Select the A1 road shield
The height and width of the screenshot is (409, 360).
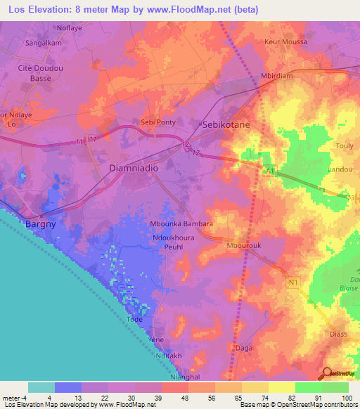coord(269,170)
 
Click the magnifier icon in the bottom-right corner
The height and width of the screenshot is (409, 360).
coord(327,372)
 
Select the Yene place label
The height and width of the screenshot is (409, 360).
coord(156,339)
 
